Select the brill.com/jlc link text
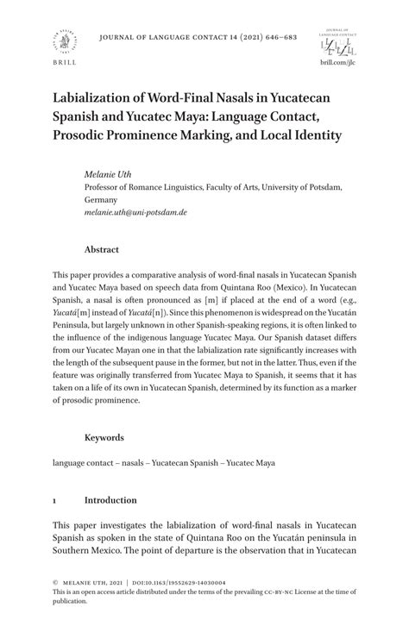pyautogui.click(x=337, y=63)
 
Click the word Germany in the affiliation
pyautogui.click(x=104, y=198)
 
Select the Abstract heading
pyautogui.click(x=102, y=248)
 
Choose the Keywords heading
pyautogui.click(x=104, y=437)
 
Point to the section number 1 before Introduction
pyautogui.click(x=54, y=499)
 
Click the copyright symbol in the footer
pyautogui.click(x=55, y=584)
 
